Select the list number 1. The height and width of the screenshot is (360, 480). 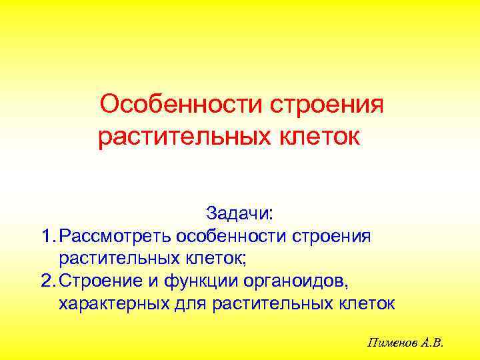pyautogui.click(x=46, y=235)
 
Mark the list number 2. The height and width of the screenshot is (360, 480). pyautogui.click(x=46, y=281)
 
